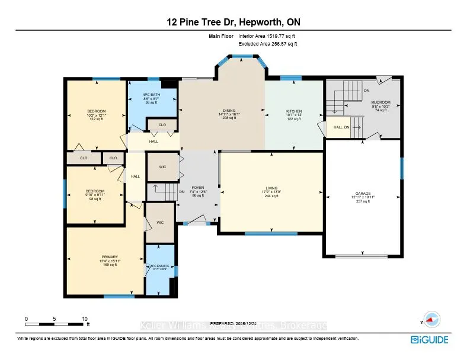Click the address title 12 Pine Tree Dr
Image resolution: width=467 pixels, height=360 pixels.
(x=233, y=23)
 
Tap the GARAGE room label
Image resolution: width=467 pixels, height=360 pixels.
(x=362, y=193)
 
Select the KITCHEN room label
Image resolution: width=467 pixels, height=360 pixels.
(x=294, y=111)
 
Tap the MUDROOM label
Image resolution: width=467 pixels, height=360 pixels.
(x=381, y=102)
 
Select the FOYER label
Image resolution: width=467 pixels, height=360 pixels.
(x=197, y=188)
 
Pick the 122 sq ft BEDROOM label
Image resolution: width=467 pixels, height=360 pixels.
(x=96, y=111)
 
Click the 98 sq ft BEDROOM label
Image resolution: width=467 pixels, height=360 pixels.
(x=95, y=191)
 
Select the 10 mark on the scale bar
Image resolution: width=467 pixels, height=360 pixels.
(x=85, y=319)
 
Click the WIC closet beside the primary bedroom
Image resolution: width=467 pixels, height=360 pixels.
(x=160, y=223)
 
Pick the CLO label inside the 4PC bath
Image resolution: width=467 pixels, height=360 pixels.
(x=162, y=125)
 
